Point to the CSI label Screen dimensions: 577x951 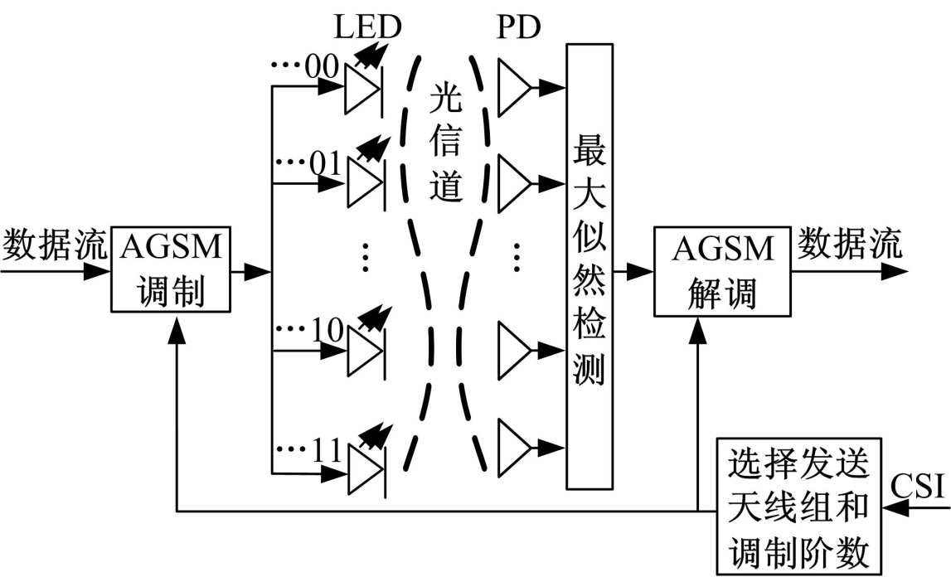921,486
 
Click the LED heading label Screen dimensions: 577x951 367,27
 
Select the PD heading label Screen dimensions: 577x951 520,27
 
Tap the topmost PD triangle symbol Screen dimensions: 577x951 514,86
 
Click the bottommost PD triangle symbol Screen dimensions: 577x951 514,449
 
